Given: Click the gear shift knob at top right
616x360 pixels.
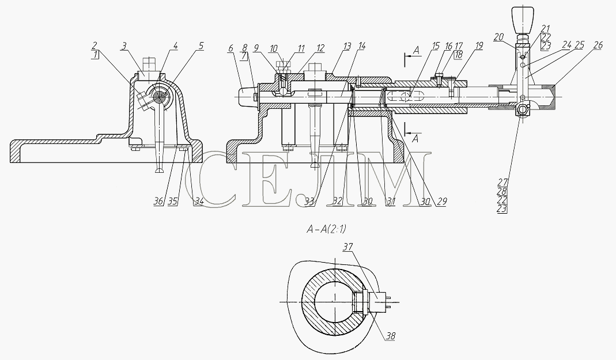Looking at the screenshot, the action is coord(522,18).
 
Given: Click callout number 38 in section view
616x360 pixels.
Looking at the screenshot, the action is coord(390,336).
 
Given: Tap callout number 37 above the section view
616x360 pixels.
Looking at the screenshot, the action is coord(348,247).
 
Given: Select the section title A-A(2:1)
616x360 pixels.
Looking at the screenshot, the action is coord(327,229).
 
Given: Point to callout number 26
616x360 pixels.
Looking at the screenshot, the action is coord(598,46).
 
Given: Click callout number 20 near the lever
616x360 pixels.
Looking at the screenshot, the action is coord(498,37).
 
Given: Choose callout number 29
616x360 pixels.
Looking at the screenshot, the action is coord(441,202).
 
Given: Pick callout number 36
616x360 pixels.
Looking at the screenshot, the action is coord(158,202).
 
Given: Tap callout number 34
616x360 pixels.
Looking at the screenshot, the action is coord(199,202).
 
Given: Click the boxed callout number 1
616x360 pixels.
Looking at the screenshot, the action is coord(96,55).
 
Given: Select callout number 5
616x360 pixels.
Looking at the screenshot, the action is coord(201,46).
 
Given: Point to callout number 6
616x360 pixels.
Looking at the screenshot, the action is coord(230,48).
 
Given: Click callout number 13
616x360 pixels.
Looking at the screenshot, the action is coord(346,46).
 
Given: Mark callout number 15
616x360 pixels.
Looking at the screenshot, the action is coord(435,46).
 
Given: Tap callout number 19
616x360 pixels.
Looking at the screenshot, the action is coord(478,46).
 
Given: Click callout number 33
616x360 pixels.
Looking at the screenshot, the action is coord(310,202).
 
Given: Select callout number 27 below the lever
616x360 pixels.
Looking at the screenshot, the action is coord(502,182).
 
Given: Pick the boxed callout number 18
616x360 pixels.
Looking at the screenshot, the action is coord(459,55).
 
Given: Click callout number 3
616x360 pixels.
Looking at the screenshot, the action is coord(124,46).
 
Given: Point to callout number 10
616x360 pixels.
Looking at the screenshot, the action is coord(273,48).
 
